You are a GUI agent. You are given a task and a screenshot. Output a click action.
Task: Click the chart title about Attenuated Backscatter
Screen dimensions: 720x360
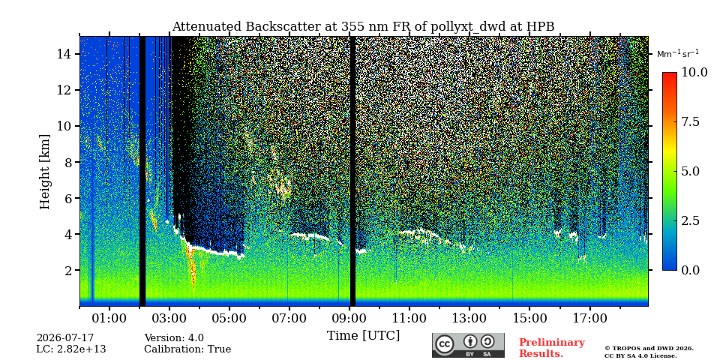pyautogui.click(x=363, y=27)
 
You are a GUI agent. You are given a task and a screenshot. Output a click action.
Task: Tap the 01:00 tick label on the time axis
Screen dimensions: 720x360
pyautogui.click(x=109, y=318)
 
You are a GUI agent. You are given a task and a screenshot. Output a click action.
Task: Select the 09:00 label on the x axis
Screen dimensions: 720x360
pyautogui.click(x=349, y=318)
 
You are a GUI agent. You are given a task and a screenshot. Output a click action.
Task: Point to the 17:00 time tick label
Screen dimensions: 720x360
pyautogui.click(x=589, y=318)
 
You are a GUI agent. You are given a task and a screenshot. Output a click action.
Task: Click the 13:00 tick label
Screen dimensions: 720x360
pyautogui.click(x=469, y=318)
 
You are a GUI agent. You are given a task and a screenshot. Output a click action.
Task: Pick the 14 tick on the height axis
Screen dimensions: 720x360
pyautogui.click(x=65, y=54)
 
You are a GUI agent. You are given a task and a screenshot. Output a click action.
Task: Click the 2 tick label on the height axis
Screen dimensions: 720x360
pyautogui.click(x=69, y=270)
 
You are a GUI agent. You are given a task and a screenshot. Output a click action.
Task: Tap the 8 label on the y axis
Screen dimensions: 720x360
pyautogui.click(x=69, y=162)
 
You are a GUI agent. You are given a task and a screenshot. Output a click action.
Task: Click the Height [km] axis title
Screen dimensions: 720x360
pyautogui.click(x=44, y=172)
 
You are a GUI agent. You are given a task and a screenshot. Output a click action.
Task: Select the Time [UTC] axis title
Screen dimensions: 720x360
pyautogui.click(x=363, y=336)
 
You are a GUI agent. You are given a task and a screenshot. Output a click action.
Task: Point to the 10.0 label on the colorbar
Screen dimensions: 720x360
pyautogui.click(x=694, y=72)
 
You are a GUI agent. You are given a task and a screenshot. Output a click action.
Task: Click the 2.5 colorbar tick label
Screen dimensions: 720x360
pyautogui.click(x=690, y=220)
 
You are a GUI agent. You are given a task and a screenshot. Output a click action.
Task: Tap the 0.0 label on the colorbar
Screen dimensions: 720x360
pyautogui.click(x=690, y=270)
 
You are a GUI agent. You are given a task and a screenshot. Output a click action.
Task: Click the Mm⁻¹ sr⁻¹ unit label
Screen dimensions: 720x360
pyautogui.click(x=678, y=53)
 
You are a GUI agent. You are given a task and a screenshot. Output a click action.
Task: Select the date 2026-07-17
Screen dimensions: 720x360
pyautogui.click(x=65, y=338)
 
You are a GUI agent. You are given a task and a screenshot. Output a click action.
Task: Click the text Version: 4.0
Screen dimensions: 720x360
pyautogui.click(x=174, y=338)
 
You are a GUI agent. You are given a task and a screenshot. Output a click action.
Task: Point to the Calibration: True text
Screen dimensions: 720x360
pyautogui.click(x=187, y=349)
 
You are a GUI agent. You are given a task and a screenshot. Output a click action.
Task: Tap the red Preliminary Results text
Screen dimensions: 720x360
pyautogui.click(x=552, y=348)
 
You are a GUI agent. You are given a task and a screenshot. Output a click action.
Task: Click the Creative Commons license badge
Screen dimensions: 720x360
pyautogui.click(x=468, y=345)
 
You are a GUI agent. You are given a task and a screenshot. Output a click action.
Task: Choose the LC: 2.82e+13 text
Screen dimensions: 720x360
pyautogui.click(x=71, y=349)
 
